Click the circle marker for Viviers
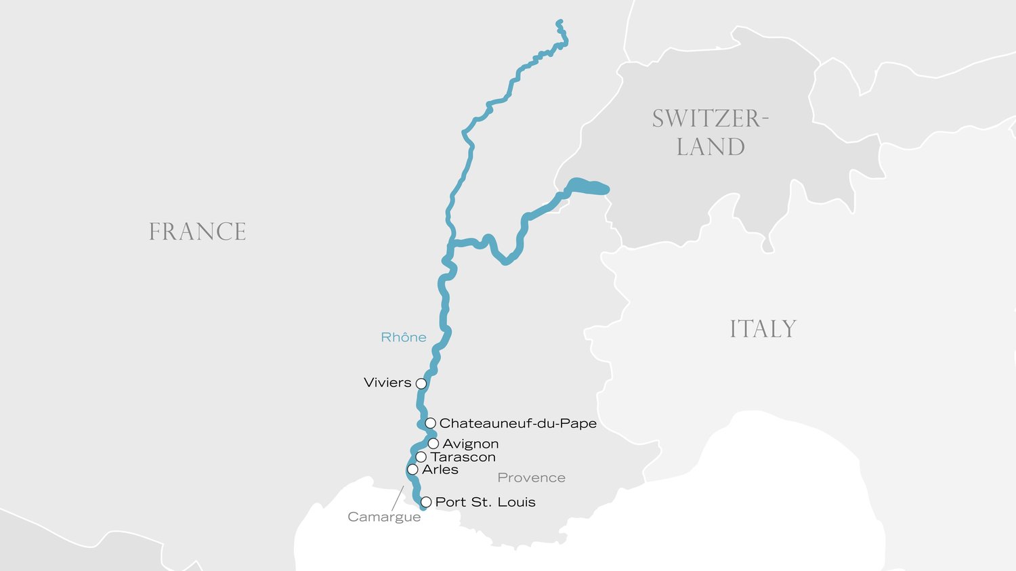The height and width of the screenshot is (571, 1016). (421, 383)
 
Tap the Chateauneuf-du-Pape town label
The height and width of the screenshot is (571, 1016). (517, 423)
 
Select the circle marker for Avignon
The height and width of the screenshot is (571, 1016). (433, 444)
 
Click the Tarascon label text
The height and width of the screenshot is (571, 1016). (463, 457)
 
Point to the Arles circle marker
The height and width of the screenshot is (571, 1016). (412, 469)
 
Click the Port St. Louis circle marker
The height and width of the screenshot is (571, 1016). (426, 503)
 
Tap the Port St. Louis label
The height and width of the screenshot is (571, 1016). (485, 503)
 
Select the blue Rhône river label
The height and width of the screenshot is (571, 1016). (404, 337)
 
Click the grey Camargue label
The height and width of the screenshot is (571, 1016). (384, 517)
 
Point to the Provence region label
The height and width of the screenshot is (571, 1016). (531, 478)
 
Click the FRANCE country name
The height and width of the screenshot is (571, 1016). (197, 232)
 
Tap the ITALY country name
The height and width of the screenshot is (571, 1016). (763, 329)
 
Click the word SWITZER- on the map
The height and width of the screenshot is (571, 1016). (710, 119)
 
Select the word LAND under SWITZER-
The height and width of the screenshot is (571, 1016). (711, 147)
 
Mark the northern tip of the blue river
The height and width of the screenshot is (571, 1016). (559, 22)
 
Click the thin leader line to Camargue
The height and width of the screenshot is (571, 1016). (398, 498)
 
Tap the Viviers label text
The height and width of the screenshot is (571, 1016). (387, 383)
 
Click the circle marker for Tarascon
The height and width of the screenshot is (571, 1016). (421, 457)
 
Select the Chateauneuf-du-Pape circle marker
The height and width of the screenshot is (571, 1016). (430, 423)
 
